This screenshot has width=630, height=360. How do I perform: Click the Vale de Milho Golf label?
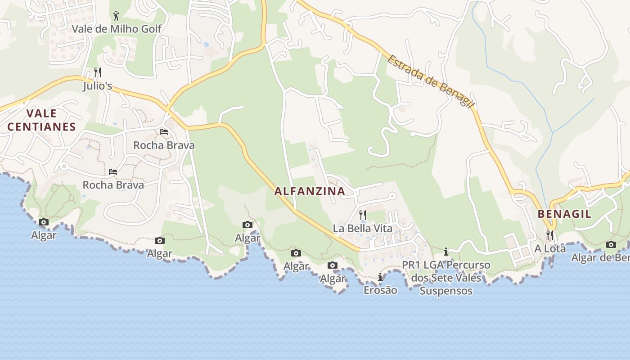pos(117,29)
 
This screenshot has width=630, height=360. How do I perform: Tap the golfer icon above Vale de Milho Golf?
pos(117,16)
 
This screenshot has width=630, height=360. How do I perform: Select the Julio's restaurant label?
pos(97,85)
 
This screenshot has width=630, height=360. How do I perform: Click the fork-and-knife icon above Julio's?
pos(97,72)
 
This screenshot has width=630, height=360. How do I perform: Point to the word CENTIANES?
pos(41,127)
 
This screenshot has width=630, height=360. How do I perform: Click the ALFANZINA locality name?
pos(310,191)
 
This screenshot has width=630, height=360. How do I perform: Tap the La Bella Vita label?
pos(363,228)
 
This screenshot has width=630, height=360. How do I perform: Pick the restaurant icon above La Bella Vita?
pos(363,215)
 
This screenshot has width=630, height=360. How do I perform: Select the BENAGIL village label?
pos(565,214)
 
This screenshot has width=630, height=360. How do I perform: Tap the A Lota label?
pos(550,248)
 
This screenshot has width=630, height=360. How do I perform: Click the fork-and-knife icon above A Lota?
pos(550,235)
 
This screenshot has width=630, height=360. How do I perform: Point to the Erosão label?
pos(380,290)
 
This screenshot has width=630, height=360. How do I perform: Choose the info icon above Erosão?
pos(380,277)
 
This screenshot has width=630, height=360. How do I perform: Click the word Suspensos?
pos(446,291)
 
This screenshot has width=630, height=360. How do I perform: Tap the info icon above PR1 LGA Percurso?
pos(446,252)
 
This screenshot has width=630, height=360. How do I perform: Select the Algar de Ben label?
pos(600,258)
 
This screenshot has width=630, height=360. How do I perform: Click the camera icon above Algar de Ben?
pos(611,245)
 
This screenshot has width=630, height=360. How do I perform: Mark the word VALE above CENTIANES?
pos(41,113)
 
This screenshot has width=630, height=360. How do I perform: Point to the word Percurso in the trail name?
pos(469,265)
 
